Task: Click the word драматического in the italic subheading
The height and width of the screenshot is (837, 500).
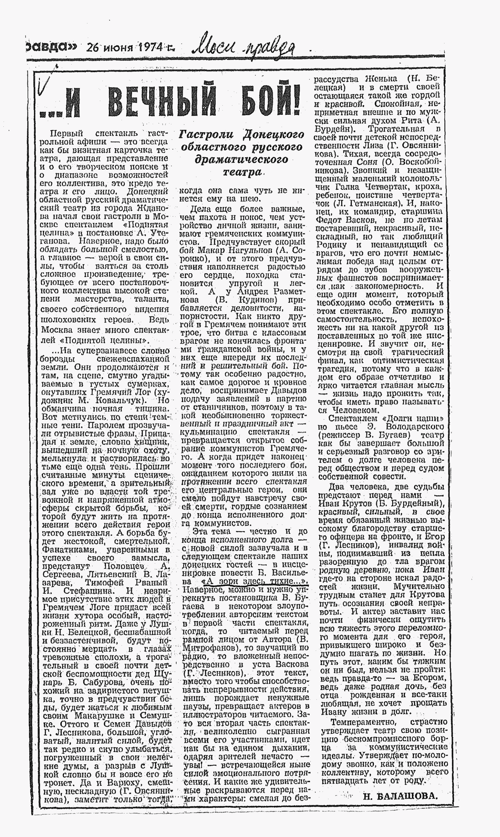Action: (242, 159)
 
